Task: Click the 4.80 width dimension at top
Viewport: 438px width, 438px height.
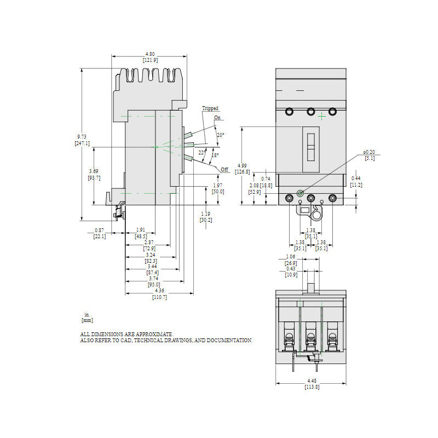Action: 149,54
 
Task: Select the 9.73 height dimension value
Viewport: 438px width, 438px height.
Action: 82,136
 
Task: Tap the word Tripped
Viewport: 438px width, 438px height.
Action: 210,108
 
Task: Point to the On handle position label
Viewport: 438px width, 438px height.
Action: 217,118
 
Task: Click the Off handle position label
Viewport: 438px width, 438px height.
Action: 224,170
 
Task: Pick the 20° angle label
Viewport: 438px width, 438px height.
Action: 220,135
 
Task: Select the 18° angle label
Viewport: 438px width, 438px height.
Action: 215,155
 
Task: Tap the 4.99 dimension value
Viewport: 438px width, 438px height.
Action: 242,165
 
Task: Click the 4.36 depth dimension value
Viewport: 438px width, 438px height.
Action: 159,290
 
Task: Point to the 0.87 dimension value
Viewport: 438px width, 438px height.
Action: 100,230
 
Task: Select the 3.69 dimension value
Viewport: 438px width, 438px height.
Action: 94,171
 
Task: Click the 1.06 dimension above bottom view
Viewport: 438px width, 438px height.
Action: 291,257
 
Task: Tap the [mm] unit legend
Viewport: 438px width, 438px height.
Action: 87,319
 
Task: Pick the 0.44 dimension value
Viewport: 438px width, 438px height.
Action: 356,178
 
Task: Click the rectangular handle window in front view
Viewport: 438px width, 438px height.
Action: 310,147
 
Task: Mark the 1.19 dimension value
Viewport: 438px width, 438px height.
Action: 205,214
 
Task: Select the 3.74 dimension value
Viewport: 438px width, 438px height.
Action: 154,278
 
